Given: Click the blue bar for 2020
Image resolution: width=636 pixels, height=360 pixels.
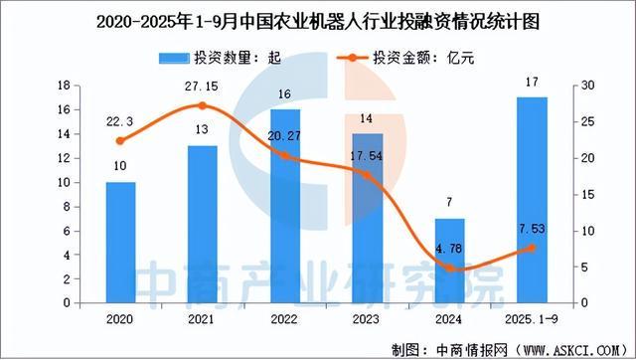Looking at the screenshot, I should [x=121, y=242].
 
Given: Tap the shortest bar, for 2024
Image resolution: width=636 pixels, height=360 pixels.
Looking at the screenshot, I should [x=449, y=260].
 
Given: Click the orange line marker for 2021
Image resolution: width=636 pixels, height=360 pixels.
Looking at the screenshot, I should [x=203, y=105].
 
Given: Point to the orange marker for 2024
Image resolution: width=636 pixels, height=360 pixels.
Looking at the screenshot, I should [x=449, y=268].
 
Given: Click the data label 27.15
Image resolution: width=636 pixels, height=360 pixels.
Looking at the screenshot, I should [x=203, y=87].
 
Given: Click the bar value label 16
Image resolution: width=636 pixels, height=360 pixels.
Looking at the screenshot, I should [x=284, y=94].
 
